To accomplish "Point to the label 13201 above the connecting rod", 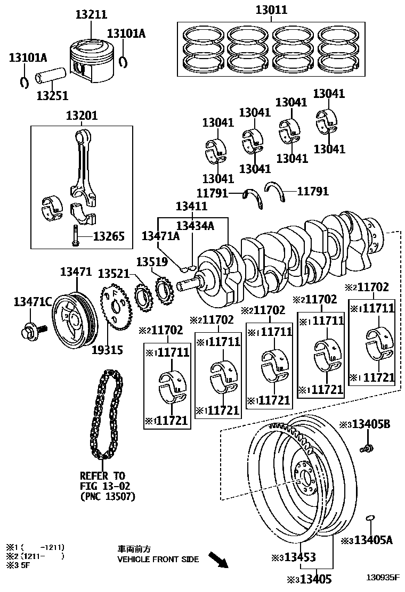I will [82, 116].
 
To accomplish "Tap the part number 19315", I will [107, 350].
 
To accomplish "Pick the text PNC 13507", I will [107, 497].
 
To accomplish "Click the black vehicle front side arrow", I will [217, 560].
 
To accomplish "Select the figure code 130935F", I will [383, 577].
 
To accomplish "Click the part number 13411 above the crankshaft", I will [192, 206].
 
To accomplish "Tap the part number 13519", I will [152, 262].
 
